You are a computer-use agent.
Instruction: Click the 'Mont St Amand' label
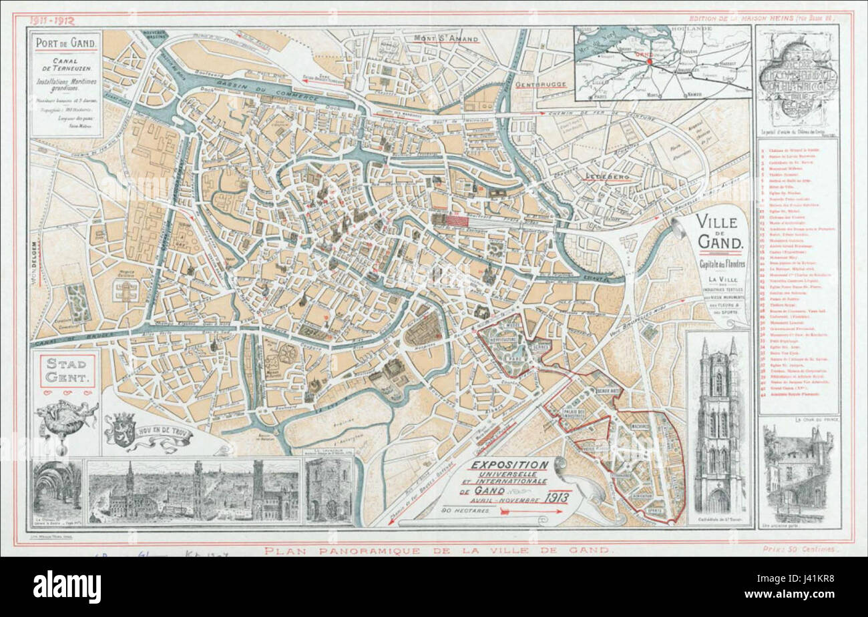(x=445, y=39)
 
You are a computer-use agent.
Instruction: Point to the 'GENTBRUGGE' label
(x=540, y=85)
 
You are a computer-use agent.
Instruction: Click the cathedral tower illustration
(x=718, y=427)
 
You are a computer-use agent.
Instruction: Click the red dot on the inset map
(x=647, y=62)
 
